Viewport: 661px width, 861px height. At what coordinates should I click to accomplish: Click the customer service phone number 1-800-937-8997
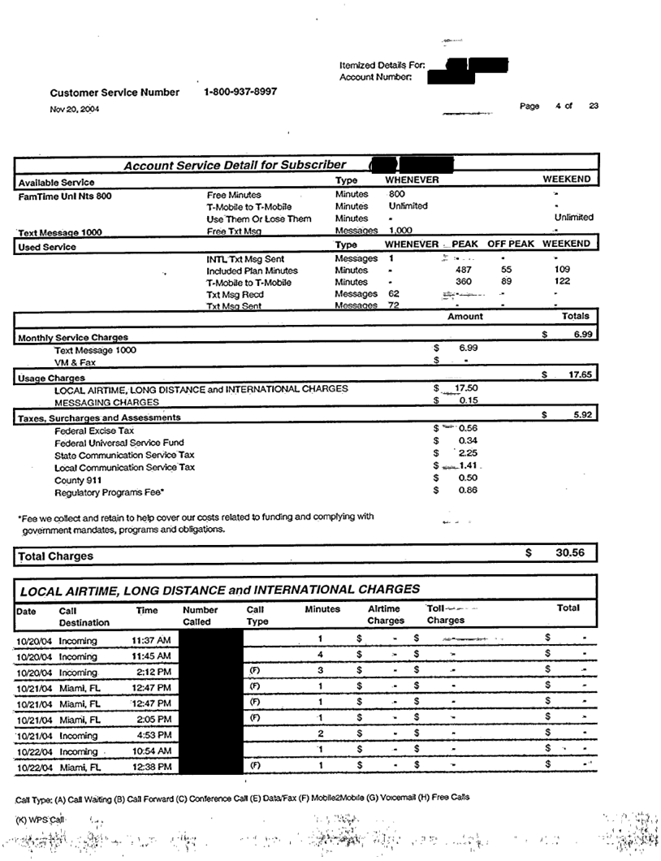pyautogui.click(x=240, y=92)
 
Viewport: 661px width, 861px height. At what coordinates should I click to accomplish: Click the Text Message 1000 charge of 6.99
pyautogui.click(x=468, y=348)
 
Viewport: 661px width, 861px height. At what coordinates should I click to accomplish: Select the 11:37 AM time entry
pyautogui.click(x=150, y=640)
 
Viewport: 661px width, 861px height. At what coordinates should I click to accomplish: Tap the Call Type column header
pyautogui.click(x=256, y=615)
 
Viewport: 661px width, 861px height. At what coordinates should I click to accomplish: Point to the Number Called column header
pyautogui.click(x=200, y=615)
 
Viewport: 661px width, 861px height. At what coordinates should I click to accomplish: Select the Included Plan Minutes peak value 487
pyautogui.click(x=464, y=270)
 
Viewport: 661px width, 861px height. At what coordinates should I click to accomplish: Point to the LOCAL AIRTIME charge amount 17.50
pyautogui.click(x=467, y=389)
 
